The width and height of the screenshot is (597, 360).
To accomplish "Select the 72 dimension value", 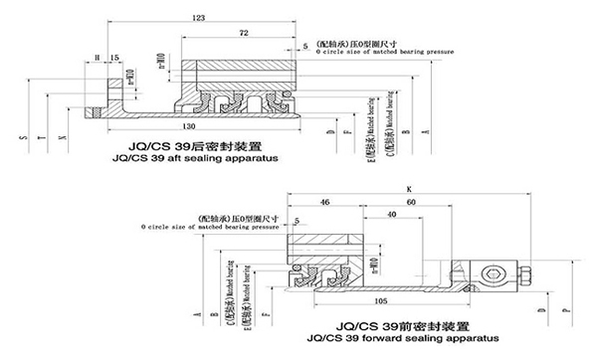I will pos(243,35).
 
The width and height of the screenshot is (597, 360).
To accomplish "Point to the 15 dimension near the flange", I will pos(115,58).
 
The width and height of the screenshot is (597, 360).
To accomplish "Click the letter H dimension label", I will pos(98,58).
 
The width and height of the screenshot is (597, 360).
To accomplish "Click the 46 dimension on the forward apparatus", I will pos(324,201).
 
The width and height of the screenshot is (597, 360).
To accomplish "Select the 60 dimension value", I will pos(410,201).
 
